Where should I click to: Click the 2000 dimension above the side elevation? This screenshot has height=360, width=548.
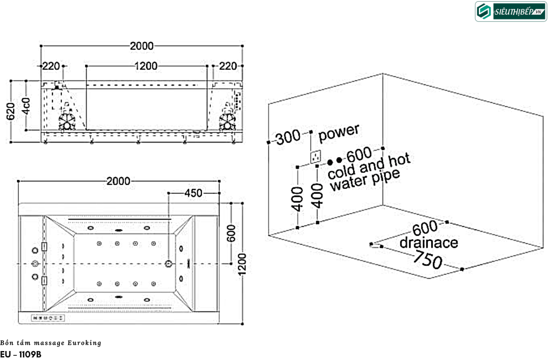(x=142, y=46)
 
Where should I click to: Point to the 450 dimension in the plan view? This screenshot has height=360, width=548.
(x=193, y=193)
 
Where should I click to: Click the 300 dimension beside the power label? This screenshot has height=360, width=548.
(x=288, y=138)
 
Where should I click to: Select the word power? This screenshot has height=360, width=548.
(x=339, y=132)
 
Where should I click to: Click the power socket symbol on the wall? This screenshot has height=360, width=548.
(x=315, y=157)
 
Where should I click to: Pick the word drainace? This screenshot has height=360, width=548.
(x=428, y=243)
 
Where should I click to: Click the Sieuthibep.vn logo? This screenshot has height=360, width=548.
(x=510, y=12)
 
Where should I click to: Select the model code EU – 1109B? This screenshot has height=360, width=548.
(x=21, y=354)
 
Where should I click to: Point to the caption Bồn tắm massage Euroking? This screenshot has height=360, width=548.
(x=51, y=343)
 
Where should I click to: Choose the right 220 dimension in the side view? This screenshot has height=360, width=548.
(x=228, y=66)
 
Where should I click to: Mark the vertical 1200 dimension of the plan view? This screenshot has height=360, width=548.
(x=242, y=263)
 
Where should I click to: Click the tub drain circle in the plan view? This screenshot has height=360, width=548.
(x=169, y=263)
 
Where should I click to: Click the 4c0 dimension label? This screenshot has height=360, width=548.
(x=26, y=105)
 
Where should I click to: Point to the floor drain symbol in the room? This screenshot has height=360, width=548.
(x=374, y=245)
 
